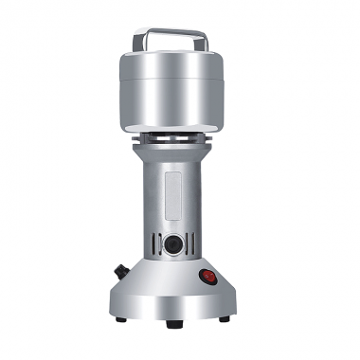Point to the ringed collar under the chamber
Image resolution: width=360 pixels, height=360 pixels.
[x=178, y=140]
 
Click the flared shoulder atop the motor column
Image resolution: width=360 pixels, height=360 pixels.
[x=178, y=154]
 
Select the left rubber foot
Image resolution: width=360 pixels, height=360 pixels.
[x=121, y=319]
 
